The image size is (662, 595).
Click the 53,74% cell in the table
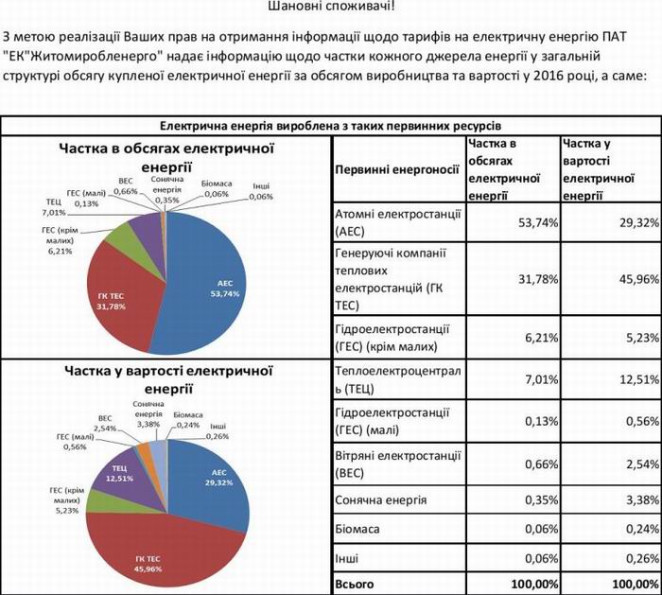[538, 222]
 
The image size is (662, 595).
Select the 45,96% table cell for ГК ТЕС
[638, 279]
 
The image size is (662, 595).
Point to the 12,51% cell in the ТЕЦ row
[638, 379]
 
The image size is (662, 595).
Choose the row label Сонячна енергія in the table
[381, 500]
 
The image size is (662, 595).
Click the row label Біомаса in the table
[357, 529]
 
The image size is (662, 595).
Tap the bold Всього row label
[355, 585]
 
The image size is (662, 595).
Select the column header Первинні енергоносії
[397, 169]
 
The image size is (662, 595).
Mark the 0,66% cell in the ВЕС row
[541, 464]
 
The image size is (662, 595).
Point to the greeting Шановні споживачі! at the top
[331, 6]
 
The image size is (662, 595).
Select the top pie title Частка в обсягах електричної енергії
[166, 158]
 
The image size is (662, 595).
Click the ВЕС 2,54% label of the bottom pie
[105, 423]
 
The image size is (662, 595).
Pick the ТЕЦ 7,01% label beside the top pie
[54, 207]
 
